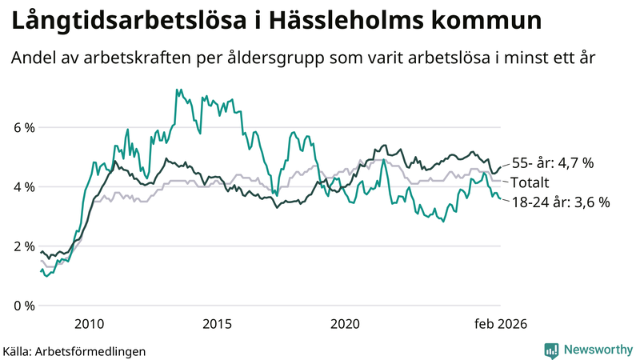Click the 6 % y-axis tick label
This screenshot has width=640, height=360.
coord(24,127)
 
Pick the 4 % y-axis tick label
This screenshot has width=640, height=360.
coord(24,186)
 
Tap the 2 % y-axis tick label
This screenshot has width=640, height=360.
coord(24,246)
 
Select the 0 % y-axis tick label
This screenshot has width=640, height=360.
coord(24,306)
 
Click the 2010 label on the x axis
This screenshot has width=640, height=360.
coord(89,324)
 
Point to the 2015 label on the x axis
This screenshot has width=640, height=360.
coord(217,324)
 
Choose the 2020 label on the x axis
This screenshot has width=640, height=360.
coord(345,324)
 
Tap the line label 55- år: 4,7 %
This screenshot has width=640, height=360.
coord(553,162)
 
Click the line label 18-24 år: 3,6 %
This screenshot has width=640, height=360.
coord(560,202)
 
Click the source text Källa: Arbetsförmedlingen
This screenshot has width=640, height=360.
coord(74,350)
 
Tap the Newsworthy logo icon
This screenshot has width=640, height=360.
coord(551,350)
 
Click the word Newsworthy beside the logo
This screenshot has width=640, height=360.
coord(597,350)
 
